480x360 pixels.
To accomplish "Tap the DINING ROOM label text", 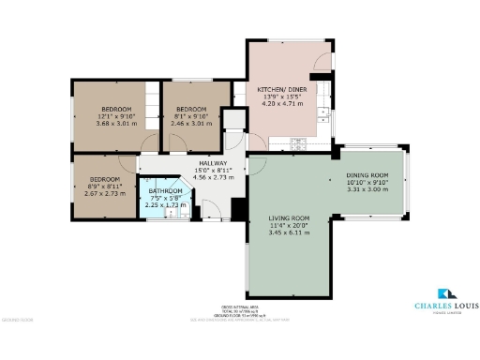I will pos(367,175).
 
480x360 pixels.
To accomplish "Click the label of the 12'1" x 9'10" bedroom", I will pos(115,109).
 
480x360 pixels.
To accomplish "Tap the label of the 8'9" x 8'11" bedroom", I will pos(105,179).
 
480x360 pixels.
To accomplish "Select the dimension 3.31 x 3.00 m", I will pos(367,189).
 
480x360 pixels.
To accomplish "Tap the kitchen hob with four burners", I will pos(300,143).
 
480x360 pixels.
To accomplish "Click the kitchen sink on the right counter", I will pos(323,114).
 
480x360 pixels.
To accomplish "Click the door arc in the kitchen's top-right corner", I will pos(323,62).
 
